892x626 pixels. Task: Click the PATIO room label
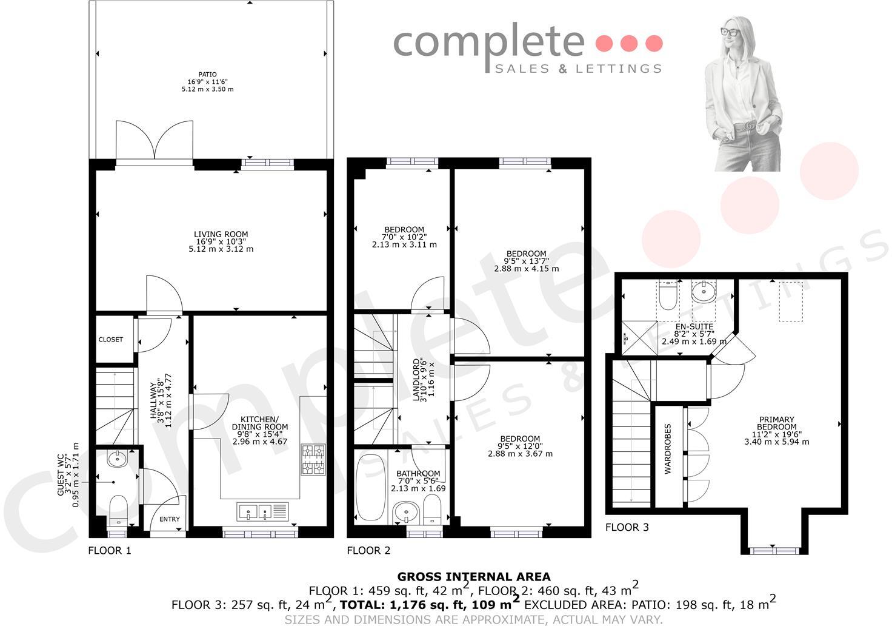[x=207, y=75]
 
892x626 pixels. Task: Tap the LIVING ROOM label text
[x=221, y=234]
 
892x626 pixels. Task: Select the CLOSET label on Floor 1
[x=110, y=340]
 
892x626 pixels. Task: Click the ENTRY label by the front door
[x=170, y=519]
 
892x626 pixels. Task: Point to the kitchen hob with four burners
[x=313, y=459]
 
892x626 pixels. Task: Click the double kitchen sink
[x=257, y=512]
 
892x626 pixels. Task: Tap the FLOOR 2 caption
[x=368, y=551]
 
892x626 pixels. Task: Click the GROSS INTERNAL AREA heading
[x=473, y=577]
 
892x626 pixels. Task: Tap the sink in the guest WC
[x=117, y=459]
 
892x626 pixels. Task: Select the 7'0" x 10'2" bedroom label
[x=404, y=237]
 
